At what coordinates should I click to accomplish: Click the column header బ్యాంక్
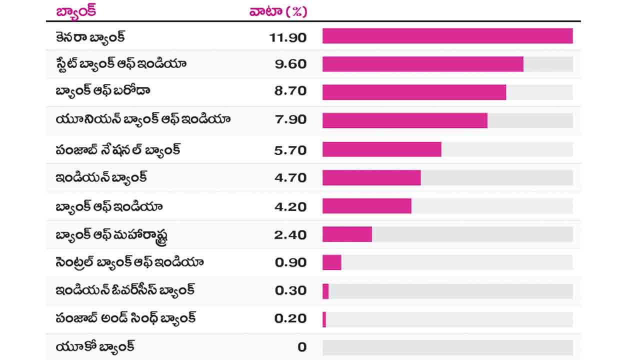coord(76,11)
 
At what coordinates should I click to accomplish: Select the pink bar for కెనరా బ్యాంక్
coord(447,36)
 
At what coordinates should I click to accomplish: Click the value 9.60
coord(290,64)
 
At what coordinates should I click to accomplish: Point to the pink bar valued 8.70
coord(414,92)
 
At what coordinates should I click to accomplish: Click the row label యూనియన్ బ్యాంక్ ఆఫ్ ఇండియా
coord(143,120)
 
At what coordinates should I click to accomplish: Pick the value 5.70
coord(290,149)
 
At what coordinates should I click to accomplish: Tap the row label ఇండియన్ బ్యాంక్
coord(101,177)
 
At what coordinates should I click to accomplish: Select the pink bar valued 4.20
coord(366,206)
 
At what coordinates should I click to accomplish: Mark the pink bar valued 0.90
coord(331,262)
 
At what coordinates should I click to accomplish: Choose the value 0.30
coord(290,290)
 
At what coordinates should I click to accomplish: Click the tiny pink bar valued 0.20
coord(324,319)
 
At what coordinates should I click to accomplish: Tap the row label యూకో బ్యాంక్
coord(95,346)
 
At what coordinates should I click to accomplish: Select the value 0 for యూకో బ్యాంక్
coord(301,347)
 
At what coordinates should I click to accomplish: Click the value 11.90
coord(287,37)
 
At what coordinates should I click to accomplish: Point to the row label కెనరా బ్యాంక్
coord(90,37)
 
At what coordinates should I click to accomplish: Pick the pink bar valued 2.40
coord(347,234)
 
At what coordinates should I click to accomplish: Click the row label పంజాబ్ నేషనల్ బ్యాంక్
coord(118,149)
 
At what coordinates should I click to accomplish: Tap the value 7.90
coord(290,120)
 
